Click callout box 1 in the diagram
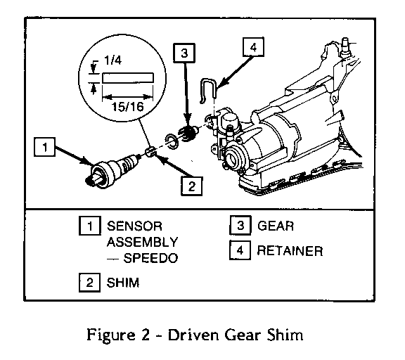pyautogui.click(x=44, y=147)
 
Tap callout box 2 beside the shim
pyautogui.click(x=191, y=186)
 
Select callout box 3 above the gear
pyautogui.click(x=184, y=53)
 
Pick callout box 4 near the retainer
pyautogui.click(x=253, y=47)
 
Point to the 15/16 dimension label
pyautogui.click(x=127, y=106)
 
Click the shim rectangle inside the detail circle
pyautogui.click(x=128, y=78)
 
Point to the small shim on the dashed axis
pyautogui.click(x=150, y=151)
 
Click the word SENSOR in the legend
pyautogui.click(x=134, y=226)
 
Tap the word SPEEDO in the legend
pyautogui.click(x=151, y=258)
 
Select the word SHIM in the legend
pyautogui.click(x=123, y=283)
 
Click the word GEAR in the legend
pyautogui.click(x=276, y=226)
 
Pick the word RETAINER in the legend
pyautogui.click(x=290, y=251)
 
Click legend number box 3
pyautogui.click(x=240, y=226)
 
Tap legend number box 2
pyautogui.click(x=89, y=283)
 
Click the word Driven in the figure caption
pyautogui.click(x=193, y=335)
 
